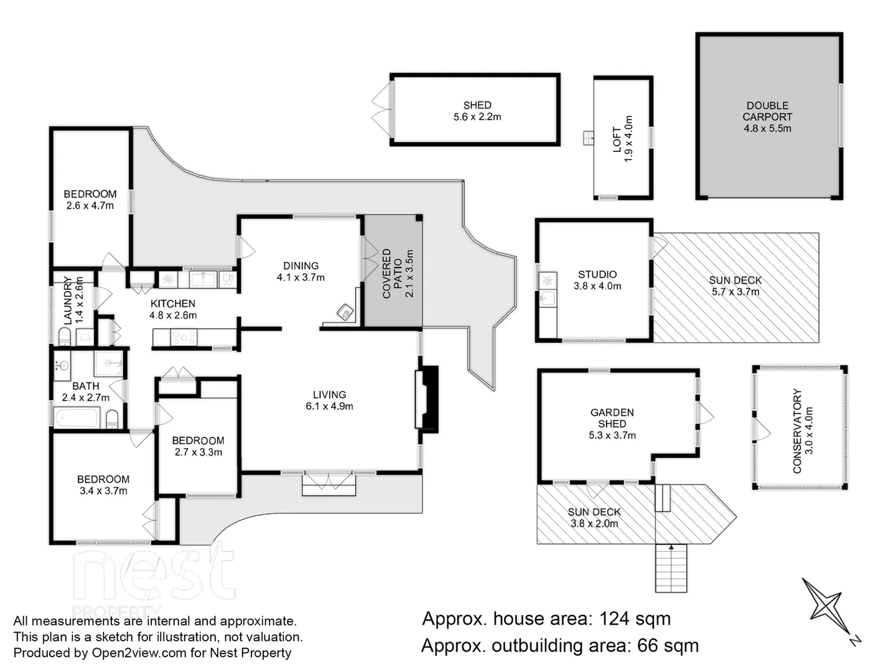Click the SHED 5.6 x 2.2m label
coord(477,111)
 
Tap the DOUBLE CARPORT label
coord(767,117)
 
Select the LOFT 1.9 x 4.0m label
coord(622,139)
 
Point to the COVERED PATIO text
coord(392,274)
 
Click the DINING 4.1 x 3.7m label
coord(301,271)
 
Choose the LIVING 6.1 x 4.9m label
coord(329,400)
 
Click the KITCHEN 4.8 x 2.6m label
coord(173,309)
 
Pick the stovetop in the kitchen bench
coord(184,338)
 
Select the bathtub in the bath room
coord(77,418)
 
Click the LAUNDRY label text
coord(68,301)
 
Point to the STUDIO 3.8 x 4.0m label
coord(597,280)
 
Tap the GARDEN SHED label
coord(612,424)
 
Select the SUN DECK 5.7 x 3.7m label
coord(735,286)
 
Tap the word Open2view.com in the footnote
coord(130,653)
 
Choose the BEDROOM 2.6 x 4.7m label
coord(90,200)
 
